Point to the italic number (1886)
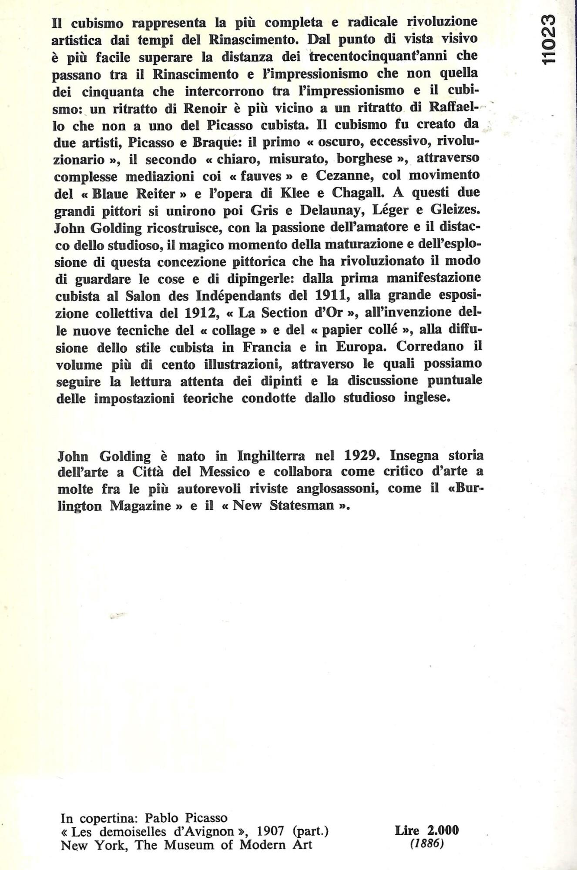(427, 844)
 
